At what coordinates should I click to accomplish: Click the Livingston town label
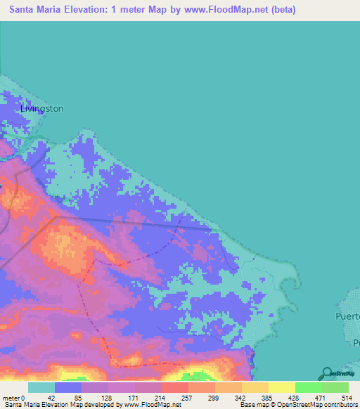click(42, 108)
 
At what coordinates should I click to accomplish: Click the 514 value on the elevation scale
click(345, 397)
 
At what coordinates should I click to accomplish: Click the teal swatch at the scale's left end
click(41, 387)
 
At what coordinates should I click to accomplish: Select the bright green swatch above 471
click(308, 387)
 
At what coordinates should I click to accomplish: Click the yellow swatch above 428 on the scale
click(281, 387)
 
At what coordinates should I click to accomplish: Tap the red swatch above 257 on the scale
click(174, 387)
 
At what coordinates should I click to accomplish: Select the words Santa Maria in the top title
click(37, 10)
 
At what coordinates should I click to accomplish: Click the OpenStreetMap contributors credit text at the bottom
click(312, 405)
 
